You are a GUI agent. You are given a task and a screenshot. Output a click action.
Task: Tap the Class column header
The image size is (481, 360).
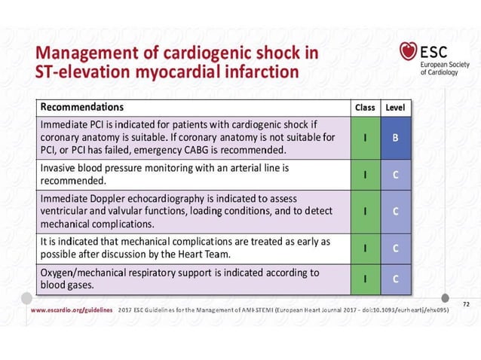365,108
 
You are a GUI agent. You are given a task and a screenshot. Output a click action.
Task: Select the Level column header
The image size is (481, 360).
395,108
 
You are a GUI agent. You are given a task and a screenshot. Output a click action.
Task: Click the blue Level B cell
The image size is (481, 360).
395,138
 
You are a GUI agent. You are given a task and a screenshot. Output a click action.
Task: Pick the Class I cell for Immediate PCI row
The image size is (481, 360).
365,138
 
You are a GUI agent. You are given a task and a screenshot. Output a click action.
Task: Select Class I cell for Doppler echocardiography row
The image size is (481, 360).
365,211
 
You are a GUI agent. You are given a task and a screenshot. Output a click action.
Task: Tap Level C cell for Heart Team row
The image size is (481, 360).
395,247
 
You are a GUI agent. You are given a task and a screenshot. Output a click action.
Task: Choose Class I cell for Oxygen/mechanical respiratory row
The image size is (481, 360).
365,279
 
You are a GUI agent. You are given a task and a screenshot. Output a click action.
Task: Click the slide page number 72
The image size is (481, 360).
465,302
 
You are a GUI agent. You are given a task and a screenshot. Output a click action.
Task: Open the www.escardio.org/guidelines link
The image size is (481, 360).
72,310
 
